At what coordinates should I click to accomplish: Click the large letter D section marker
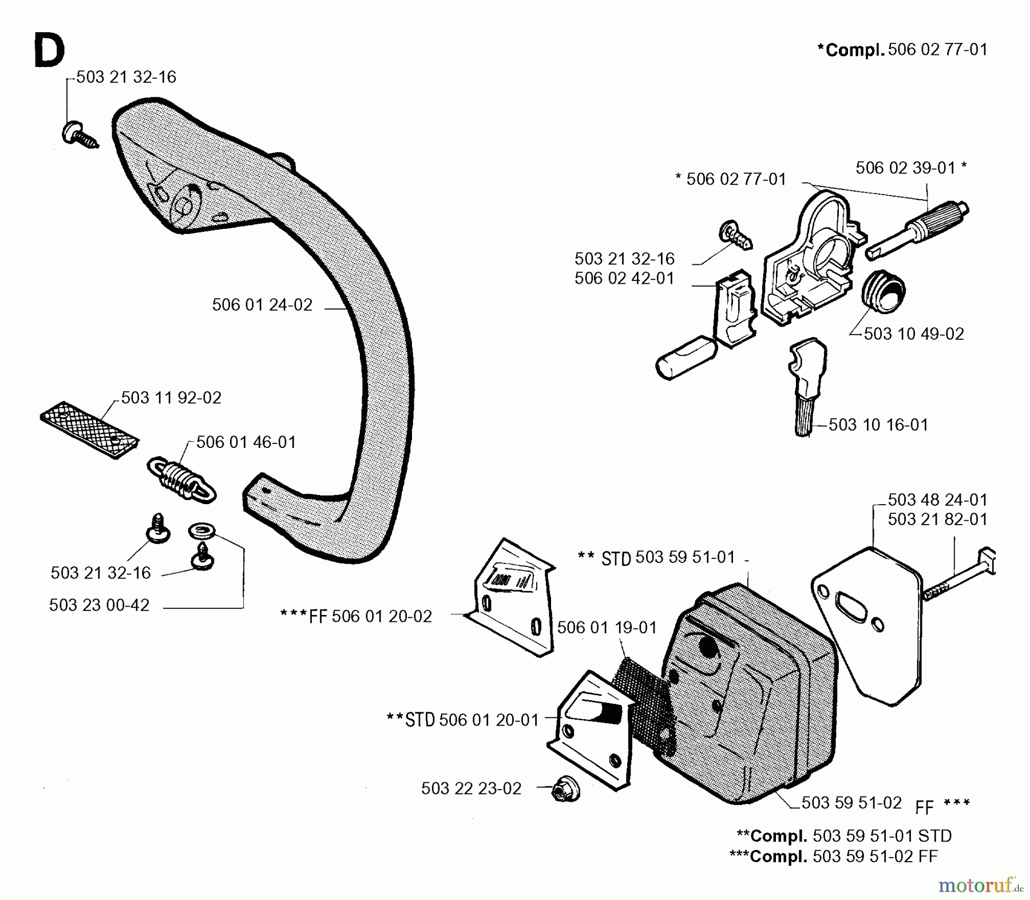click(x=49, y=50)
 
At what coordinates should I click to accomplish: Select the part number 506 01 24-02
click(x=262, y=305)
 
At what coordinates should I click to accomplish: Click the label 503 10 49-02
click(x=913, y=334)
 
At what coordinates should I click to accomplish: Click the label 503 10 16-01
click(x=878, y=425)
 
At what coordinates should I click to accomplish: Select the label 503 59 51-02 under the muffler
click(x=851, y=803)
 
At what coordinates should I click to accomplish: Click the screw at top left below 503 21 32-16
click(x=78, y=134)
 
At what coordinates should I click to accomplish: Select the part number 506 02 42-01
click(x=624, y=279)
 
